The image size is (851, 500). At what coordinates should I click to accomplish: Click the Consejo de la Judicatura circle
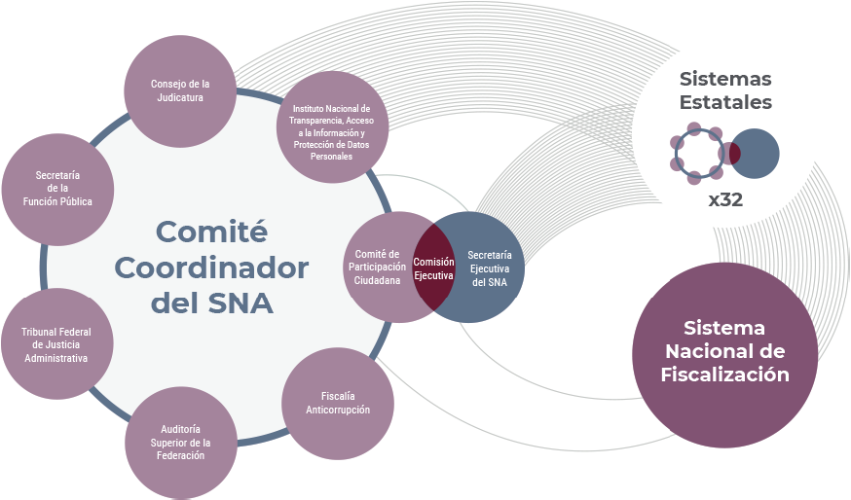coord(180,89)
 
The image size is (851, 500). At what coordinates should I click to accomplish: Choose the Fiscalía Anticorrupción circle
coord(338,404)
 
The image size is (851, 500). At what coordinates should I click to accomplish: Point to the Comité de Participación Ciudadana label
coord(377,267)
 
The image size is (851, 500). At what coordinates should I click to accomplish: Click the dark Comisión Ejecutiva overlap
coord(433,268)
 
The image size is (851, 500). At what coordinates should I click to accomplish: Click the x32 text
coord(725,201)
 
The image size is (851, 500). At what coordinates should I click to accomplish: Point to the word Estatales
coord(725,101)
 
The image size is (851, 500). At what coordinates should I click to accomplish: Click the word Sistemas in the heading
coord(725,78)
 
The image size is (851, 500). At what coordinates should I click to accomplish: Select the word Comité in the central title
coord(211,232)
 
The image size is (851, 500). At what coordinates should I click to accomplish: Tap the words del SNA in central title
coord(211,303)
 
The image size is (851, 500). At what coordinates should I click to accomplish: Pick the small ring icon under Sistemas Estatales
coord(696,154)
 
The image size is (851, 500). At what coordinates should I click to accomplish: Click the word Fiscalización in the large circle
coord(724,374)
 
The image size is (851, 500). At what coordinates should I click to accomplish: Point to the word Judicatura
coord(180,97)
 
